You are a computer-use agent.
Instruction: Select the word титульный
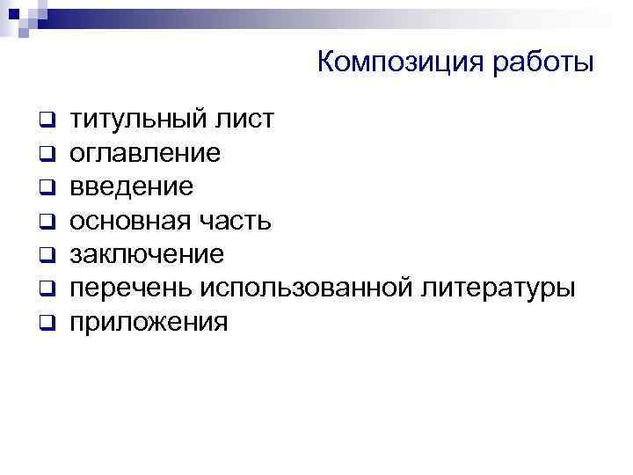click(x=137, y=119)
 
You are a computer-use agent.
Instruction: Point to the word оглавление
click(x=145, y=153)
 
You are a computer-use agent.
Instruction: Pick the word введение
click(x=132, y=186)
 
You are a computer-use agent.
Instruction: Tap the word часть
click(x=232, y=220)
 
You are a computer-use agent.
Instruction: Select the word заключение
click(x=147, y=254)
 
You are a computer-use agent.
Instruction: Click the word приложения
click(x=149, y=322)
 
